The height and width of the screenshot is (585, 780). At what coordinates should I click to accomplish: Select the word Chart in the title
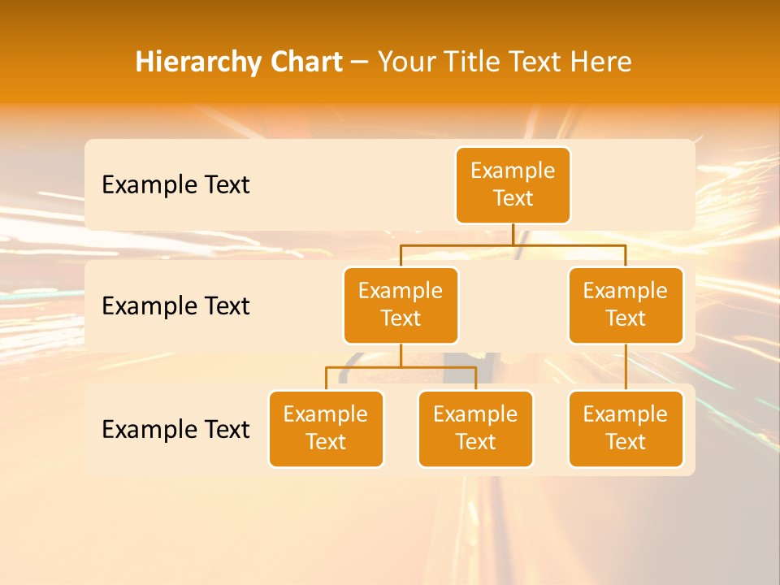pos(306,63)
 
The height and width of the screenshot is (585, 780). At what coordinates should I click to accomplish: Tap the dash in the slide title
pos(360,63)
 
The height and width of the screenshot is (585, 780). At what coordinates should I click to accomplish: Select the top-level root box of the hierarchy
pos(513,184)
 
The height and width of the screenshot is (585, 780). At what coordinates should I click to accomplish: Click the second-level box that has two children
pos(401,305)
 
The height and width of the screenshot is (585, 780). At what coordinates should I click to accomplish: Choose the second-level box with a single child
pos(626,305)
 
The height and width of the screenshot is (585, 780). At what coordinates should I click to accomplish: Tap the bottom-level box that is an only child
pos(626,428)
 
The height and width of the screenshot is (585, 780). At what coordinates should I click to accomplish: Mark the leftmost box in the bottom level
pos(326,428)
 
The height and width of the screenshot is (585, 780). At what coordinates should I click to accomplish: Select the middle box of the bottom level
pos(475,428)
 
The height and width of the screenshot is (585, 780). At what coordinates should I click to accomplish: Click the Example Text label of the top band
pos(175,184)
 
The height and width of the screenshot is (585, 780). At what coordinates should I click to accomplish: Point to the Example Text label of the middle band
pos(175,305)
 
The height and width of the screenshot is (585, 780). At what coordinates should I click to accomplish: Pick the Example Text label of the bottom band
pos(175,429)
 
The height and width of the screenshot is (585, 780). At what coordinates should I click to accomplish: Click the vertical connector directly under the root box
pos(513,233)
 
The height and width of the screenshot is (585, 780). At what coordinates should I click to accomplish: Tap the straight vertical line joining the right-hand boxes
pos(626,367)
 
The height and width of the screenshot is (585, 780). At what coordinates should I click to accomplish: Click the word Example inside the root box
pos(513,171)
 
